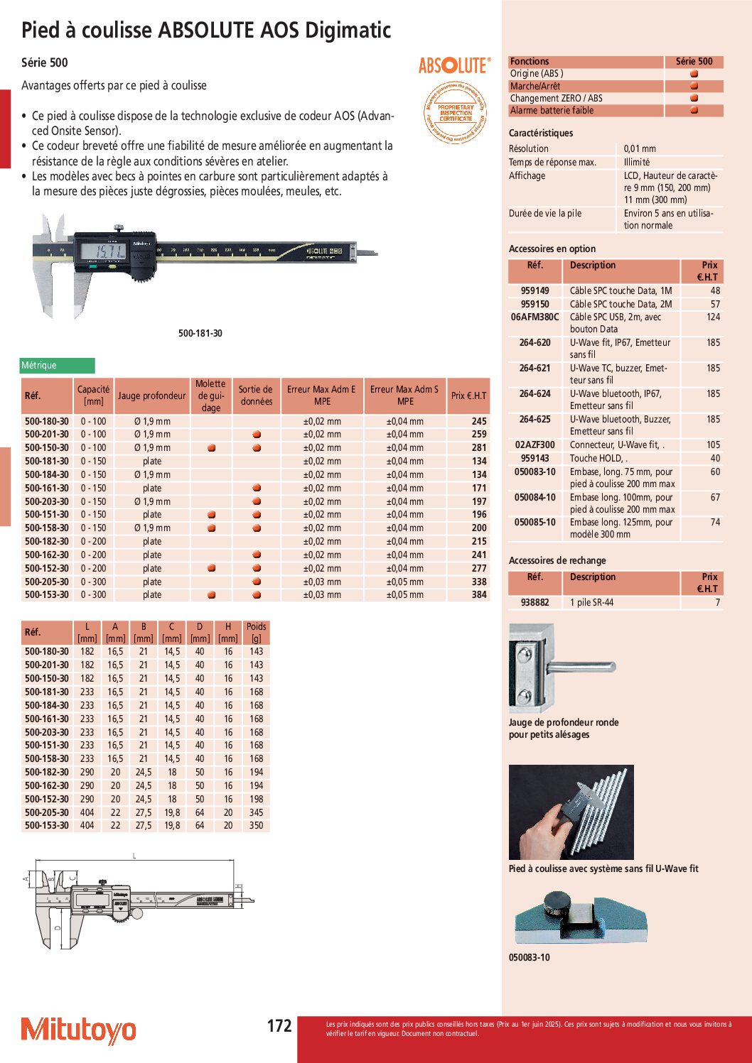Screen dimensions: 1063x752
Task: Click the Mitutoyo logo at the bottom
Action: [x=78, y=1030]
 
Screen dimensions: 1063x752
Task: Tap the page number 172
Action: [x=279, y=1026]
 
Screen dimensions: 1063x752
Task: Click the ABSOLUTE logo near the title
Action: [x=453, y=66]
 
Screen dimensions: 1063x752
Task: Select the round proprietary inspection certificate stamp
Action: [x=456, y=113]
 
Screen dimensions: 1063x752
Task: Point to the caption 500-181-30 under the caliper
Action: [x=200, y=333]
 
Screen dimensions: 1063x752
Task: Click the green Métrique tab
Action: [x=57, y=366]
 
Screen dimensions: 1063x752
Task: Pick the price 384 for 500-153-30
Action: [x=479, y=595]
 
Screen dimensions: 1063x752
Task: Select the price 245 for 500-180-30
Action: [x=479, y=421]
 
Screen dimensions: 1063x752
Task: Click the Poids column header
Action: [x=256, y=632]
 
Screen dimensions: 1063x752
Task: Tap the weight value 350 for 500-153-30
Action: [x=256, y=826]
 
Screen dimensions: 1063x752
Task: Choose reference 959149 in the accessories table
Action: [x=535, y=290]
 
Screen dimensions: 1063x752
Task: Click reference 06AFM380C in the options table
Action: [x=535, y=317]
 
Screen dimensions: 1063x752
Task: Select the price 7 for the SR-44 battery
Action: [x=717, y=602]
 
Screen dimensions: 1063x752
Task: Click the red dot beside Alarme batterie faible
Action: [x=694, y=110]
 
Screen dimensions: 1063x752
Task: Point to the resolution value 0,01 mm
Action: [x=640, y=148]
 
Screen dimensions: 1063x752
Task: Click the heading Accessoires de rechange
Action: [x=557, y=560]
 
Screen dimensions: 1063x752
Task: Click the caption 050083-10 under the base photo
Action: [x=529, y=957]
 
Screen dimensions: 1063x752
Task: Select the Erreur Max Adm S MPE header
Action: [x=405, y=396]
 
